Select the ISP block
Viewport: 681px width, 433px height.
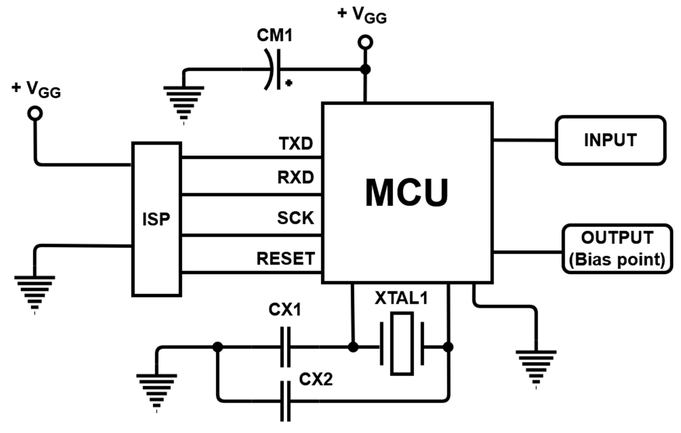click(156, 219)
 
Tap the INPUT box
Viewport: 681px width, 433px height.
click(610, 140)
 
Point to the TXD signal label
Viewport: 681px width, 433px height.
click(296, 143)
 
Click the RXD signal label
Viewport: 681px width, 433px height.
click(296, 178)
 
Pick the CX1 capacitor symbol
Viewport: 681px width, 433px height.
click(285, 347)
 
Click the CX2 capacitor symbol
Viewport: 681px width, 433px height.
click(285, 401)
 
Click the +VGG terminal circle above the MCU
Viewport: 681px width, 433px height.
click(365, 42)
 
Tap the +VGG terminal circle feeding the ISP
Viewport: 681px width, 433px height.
click(35, 113)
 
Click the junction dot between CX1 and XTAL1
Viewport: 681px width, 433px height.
click(353, 347)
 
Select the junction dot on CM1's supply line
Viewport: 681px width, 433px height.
click(365, 69)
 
